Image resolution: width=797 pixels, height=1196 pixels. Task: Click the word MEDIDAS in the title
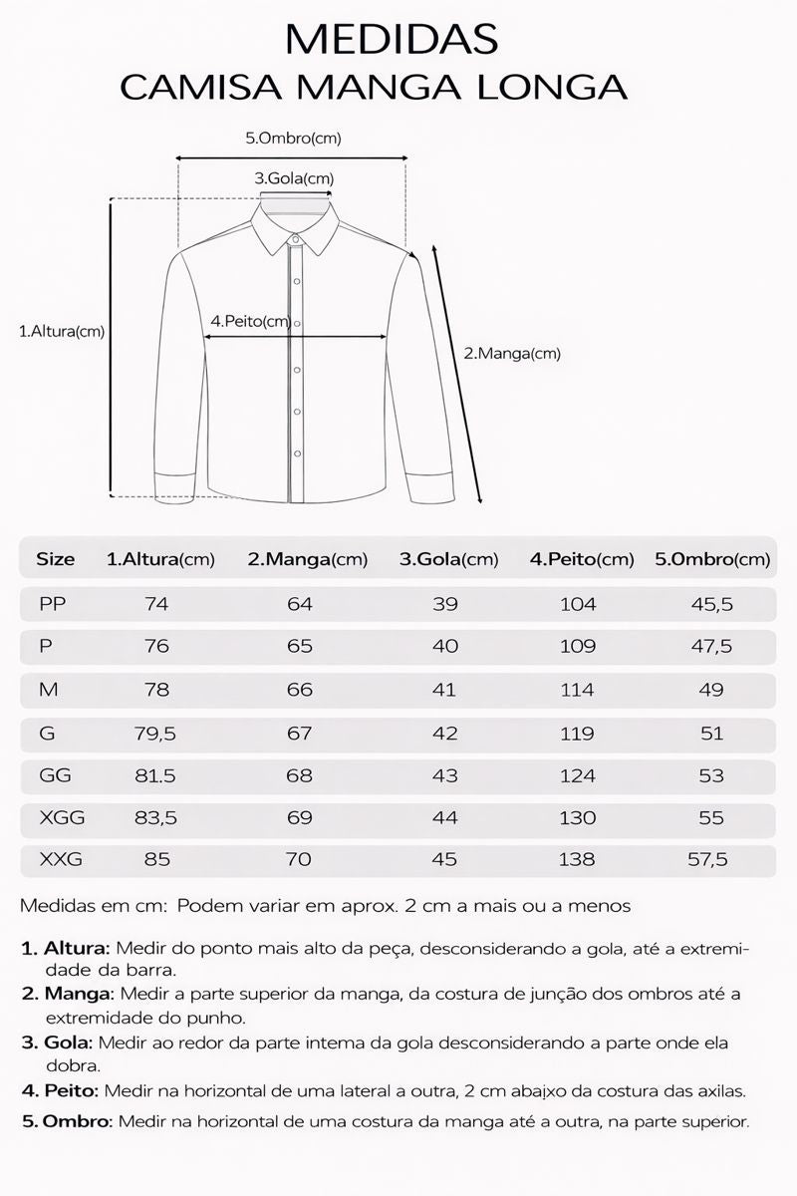391,39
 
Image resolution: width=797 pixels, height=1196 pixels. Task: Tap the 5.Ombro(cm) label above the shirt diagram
293,139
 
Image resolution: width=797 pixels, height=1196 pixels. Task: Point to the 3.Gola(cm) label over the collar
294,178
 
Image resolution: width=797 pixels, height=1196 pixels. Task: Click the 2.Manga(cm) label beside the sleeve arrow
513,353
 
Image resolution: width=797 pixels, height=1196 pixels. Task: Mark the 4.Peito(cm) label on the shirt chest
250,321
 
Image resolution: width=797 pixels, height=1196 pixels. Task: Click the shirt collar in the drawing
294,225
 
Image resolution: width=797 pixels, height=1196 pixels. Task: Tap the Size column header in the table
56,559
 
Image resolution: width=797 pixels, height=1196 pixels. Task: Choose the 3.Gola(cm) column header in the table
448,559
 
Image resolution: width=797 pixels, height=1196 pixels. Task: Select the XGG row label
62,818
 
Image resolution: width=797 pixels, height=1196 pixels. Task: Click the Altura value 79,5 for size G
155,734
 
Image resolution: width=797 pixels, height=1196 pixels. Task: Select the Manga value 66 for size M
299,690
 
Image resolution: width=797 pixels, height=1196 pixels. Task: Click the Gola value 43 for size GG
444,775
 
